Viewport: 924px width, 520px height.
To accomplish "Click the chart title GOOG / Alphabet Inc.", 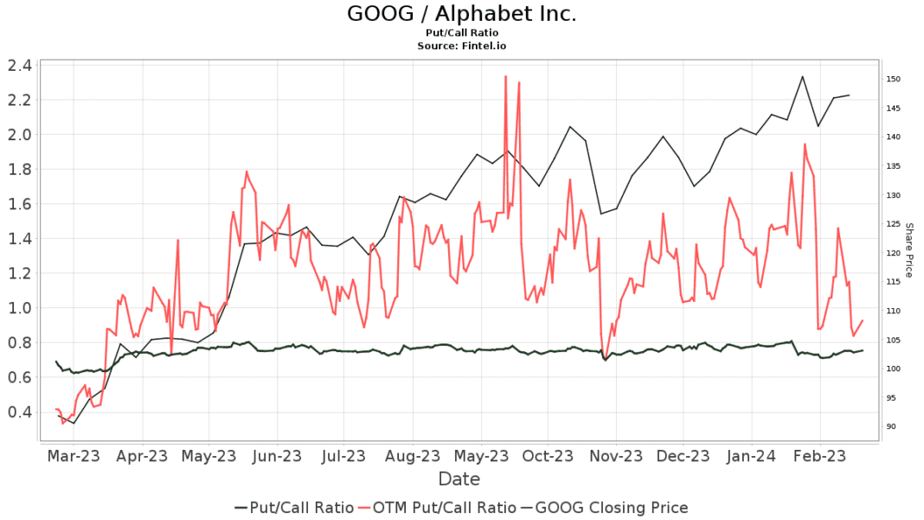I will click(x=461, y=14).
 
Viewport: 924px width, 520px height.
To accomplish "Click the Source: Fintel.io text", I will click(x=461, y=44).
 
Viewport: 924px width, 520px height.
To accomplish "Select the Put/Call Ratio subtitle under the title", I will click(x=461, y=32).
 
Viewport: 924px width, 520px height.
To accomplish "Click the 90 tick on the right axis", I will click(x=891, y=427).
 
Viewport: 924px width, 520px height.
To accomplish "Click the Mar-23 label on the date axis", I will click(x=74, y=456).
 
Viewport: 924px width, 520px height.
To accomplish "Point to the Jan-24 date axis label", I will click(x=751, y=456).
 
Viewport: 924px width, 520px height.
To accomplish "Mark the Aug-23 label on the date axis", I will click(x=413, y=456).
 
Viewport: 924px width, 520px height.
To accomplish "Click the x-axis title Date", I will click(x=459, y=478).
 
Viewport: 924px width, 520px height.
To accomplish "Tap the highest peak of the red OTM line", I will click(x=505, y=76).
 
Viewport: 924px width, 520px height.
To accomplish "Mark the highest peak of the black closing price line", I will click(x=802, y=77).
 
